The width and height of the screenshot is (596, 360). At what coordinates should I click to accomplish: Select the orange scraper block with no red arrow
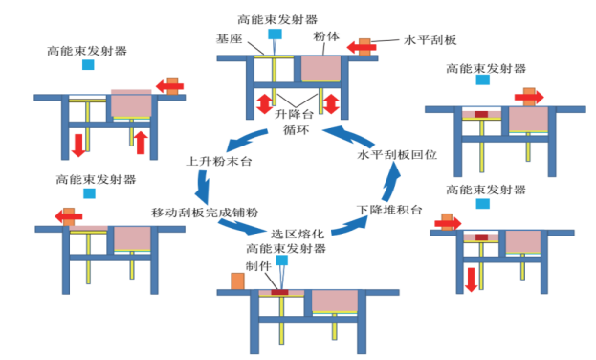point(237,281)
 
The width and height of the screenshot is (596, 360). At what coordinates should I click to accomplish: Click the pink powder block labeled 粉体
point(322,68)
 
